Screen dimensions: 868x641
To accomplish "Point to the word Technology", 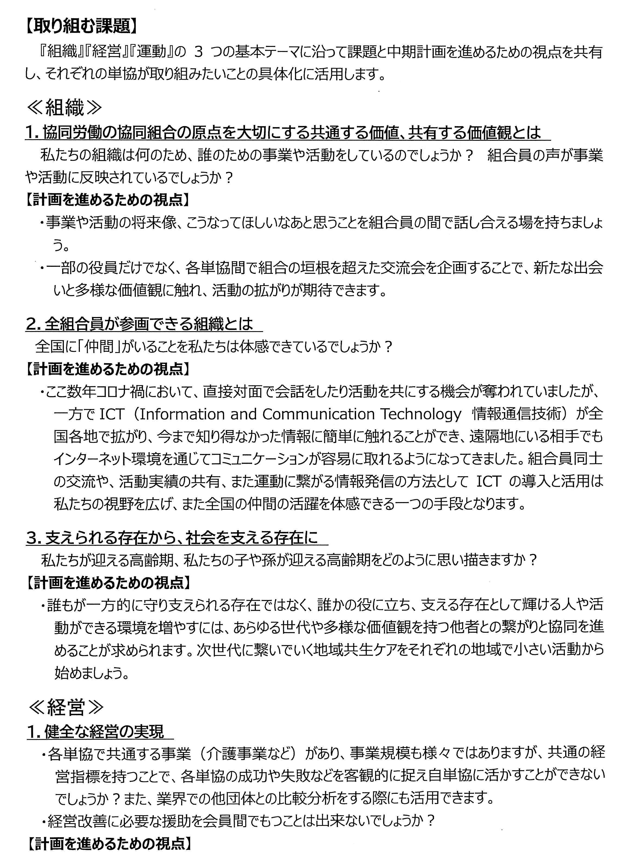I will [x=420, y=414].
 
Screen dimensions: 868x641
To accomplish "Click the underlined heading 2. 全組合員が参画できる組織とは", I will [x=140, y=324].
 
